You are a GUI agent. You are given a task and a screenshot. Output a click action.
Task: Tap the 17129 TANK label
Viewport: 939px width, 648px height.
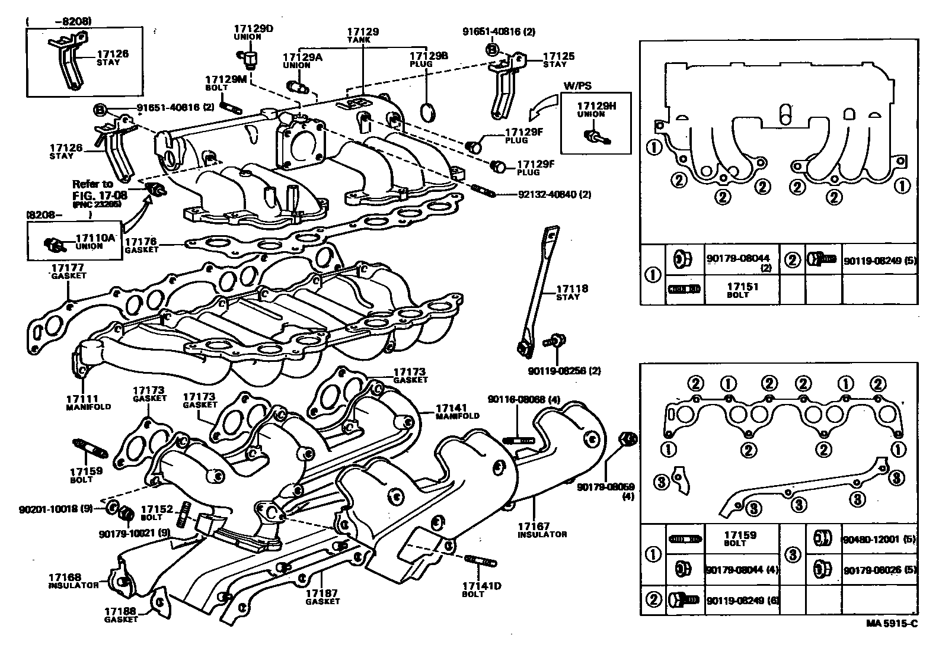click(x=363, y=35)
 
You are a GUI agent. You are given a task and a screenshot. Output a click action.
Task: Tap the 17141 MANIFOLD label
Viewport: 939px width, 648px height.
click(x=457, y=412)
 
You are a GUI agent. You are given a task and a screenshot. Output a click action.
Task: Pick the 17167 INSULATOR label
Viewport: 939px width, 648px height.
click(x=541, y=530)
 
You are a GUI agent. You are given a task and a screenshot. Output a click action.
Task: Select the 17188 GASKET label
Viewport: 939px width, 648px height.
click(x=122, y=615)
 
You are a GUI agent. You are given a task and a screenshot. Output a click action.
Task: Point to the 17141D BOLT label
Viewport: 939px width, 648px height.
click(x=481, y=590)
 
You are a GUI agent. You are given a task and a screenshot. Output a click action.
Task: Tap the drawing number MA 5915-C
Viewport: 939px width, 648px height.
click(x=891, y=623)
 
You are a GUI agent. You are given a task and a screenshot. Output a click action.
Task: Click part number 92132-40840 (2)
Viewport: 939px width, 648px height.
click(x=545, y=194)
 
